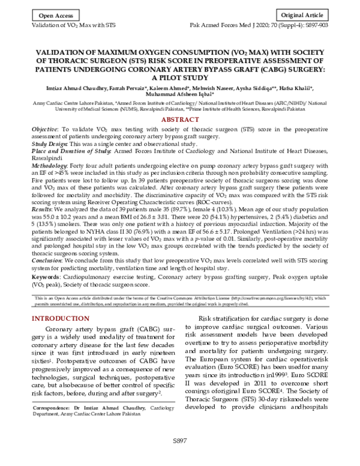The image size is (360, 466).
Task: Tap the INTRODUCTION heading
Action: coord(60,318)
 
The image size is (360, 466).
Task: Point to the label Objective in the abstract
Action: coord(44,130)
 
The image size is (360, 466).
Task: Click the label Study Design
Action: coord(50,144)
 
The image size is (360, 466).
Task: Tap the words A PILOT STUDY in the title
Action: coord(179,77)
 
